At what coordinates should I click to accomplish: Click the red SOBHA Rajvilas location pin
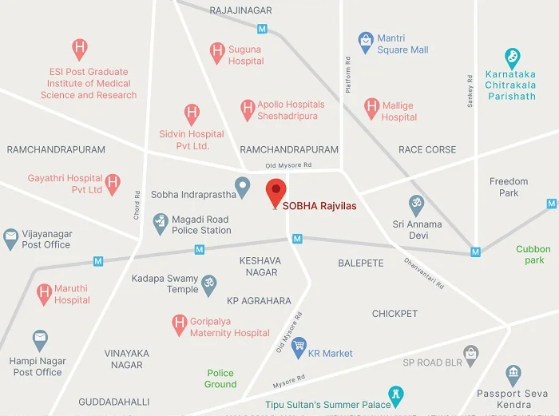coord(276,192)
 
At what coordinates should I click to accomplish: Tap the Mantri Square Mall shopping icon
coord(366,39)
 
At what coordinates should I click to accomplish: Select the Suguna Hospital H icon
coord(216,52)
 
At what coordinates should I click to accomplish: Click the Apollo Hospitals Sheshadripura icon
coord(247,108)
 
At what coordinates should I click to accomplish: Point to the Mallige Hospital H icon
coord(371,107)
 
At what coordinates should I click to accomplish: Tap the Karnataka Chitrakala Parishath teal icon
coord(513,57)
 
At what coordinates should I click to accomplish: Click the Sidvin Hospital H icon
coord(192,113)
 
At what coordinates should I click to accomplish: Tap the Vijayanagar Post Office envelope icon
coord(11,237)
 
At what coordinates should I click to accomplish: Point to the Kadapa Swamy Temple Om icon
coord(209,284)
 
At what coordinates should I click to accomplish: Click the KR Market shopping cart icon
coord(299,346)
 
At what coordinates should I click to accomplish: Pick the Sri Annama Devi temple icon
coord(415,204)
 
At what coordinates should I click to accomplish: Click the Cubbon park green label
coord(533,255)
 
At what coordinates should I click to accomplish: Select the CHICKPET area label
coord(394,314)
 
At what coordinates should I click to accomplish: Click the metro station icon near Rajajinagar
coord(262,28)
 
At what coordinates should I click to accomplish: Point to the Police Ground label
coord(220,378)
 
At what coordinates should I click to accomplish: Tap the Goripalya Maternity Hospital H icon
coord(179,324)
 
